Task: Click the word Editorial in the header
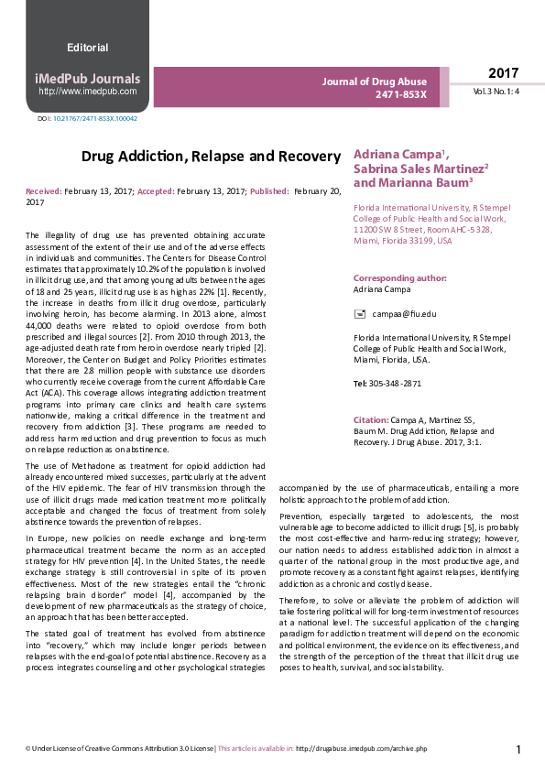[x=88, y=48]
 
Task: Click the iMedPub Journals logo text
[x=88, y=78]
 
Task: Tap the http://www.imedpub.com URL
[x=88, y=92]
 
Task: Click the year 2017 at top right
[x=503, y=73]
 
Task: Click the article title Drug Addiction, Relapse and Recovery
[x=211, y=157]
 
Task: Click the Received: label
[x=44, y=190]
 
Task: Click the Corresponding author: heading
[x=395, y=278]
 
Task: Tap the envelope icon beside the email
[x=359, y=314]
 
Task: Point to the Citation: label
[x=371, y=419]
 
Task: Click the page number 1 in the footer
[x=518, y=750]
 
